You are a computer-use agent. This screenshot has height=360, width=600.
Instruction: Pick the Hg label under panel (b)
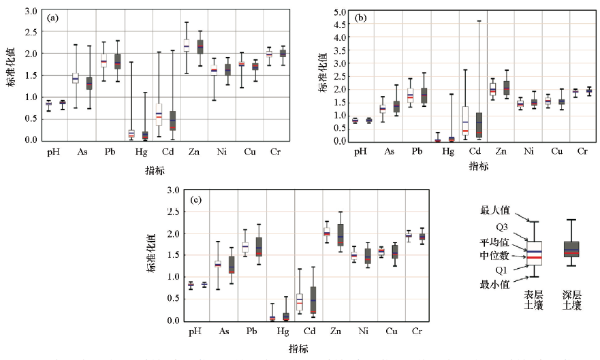(447, 151)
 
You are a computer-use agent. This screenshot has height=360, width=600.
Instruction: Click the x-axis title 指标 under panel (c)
(298, 348)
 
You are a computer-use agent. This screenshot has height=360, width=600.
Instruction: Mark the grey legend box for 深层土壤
(571, 249)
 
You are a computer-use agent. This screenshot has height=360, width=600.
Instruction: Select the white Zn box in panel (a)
(186, 45)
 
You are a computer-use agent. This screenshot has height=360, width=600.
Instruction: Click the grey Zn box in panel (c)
(341, 234)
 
